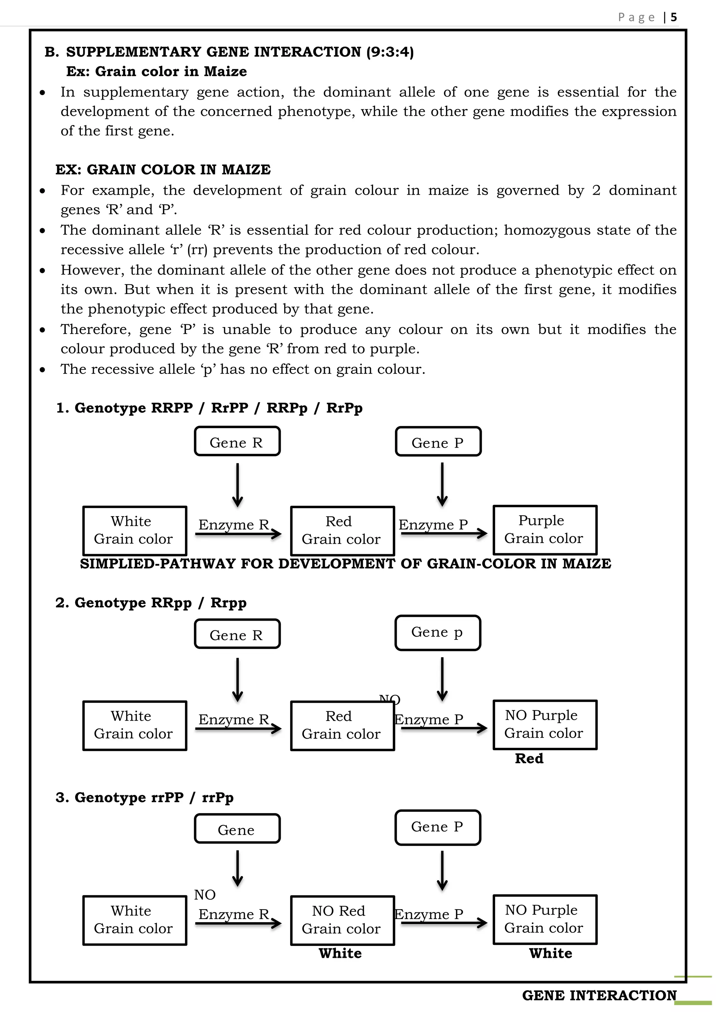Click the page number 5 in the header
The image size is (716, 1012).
[x=673, y=17]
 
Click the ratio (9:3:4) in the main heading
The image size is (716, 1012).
[x=390, y=52]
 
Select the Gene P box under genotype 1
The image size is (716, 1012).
[x=438, y=442]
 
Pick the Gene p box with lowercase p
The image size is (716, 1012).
[x=437, y=632]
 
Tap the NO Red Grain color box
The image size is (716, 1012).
[x=342, y=920]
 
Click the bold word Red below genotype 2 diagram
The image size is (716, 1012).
[x=529, y=759]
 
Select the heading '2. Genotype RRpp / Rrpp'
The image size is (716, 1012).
[x=151, y=602]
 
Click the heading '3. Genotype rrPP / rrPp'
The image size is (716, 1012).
[x=145, y=797]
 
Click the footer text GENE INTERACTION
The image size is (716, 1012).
[x=599, y=995]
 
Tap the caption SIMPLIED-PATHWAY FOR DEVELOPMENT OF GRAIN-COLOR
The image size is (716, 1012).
[x=345, y=564]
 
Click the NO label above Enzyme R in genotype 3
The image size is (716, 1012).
[x=205, y=895]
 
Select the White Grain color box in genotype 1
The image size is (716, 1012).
[x=135, y=530]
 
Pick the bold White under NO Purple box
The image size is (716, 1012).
[x=550, y=953]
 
